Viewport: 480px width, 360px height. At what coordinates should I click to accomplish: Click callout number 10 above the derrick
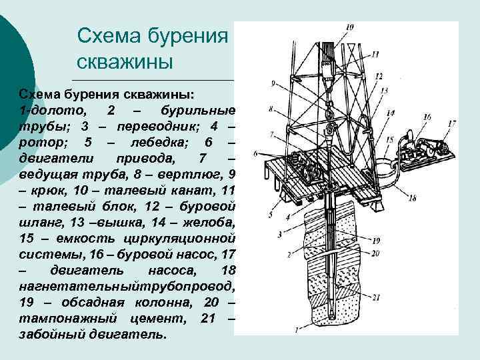click(x=351, y=27)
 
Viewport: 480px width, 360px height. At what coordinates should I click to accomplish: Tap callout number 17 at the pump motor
click(x=451, y=123)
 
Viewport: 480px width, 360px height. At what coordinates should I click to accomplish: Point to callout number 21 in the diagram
click(x=377, y=297)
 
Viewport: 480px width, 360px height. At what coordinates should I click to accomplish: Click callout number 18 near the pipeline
click(x=412, y=198)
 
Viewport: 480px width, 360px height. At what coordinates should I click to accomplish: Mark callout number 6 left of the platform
click(x=255, y=154)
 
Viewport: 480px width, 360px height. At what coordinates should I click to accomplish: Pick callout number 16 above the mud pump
click(x=427, y=117)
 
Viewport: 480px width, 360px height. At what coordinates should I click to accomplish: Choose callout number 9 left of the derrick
click(x=273, y=83)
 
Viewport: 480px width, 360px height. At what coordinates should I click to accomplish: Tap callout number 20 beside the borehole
click(x=377, y=253)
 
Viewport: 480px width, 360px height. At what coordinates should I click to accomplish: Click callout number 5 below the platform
click(x=270, y=215)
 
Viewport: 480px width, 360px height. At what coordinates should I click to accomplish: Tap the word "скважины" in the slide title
click(x=125, y=62)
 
